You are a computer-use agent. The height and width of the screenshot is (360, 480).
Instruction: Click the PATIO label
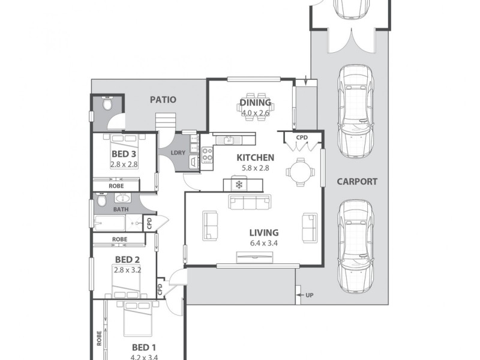tap(163, 100)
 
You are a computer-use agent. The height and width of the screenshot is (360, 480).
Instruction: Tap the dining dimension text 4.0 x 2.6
tap(256, 112)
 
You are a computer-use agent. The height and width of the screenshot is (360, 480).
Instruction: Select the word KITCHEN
tap(255, 158)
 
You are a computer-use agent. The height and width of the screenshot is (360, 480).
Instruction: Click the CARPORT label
tap(356, 181)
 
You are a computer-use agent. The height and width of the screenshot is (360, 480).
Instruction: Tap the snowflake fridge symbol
tap(238, 184)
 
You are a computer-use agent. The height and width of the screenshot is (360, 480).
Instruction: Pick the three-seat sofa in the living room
tap(250, 202)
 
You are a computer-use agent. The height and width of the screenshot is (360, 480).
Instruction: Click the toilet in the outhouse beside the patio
tap(106, 104)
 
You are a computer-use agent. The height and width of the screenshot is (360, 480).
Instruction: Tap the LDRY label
tap(178, 153)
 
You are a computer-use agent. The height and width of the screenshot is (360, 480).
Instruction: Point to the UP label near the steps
tap(309, 295)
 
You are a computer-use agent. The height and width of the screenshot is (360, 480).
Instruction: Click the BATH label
tap(121, 209)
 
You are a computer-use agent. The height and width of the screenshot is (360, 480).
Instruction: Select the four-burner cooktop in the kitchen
tap(207, 155)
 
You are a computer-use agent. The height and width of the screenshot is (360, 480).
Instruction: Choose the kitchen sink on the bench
tap(229, 140)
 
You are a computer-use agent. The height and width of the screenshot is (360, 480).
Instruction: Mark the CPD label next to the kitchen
tap(302, 137)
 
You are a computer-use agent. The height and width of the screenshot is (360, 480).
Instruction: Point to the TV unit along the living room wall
tap(254, 259)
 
